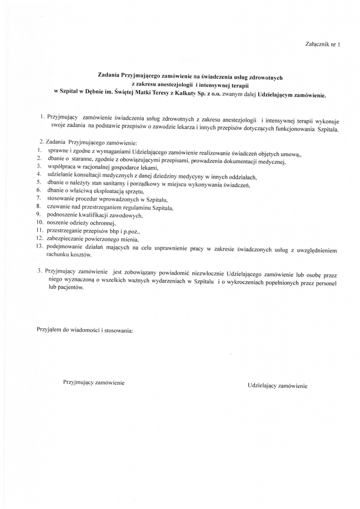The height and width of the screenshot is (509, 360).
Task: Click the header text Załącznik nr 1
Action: pyautogui.click(x=323, y=44)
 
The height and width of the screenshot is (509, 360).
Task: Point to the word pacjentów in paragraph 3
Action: pyautogui.click(x=70, y=287)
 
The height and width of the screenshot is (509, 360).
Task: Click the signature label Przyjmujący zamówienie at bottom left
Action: pyautogui.click(x=93, y=383)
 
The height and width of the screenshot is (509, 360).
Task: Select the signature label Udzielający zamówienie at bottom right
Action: pyautogui.click(x=277, y=386)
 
